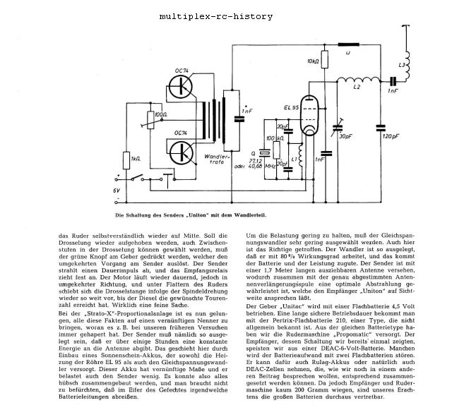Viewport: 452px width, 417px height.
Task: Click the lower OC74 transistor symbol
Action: pyautogui.click(x=185, y=152)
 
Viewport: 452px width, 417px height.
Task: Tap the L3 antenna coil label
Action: pyautogui.click(x=402, y=65)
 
